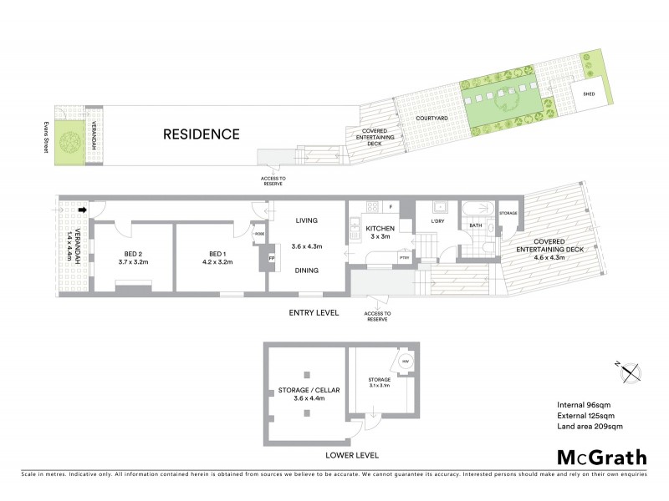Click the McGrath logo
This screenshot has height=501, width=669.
[602, 457]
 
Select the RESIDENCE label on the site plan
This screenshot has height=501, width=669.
[201, 134]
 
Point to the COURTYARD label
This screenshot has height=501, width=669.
[432, 119]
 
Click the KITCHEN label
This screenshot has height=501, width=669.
[379, 228]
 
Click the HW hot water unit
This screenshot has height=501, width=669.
[406, 361]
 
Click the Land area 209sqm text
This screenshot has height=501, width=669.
[590, 427]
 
